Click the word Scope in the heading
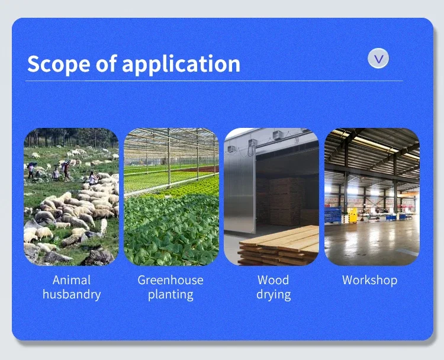click(59, 65)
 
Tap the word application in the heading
click(181, 65)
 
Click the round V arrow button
click(378, 59)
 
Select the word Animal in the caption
click(72, 280)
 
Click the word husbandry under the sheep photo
click(72, 294)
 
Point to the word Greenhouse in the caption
click(170, 280)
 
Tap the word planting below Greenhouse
click(170, 294)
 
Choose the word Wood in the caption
click(274, 280)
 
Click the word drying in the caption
click(274, 294)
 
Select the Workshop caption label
click(370, 280)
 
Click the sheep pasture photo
click(72, 197)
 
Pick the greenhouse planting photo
click(171, 197)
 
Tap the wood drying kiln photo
click(272, 197)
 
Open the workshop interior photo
click(372, 197)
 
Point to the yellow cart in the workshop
click(353, 216)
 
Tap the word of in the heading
click(106, 63)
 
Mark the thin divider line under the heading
click(214, 81)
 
